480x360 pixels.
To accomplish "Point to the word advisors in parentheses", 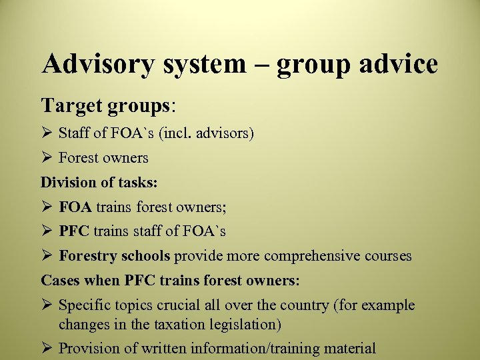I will [x=223, y=133].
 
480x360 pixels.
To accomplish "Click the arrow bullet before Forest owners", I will [x=47, y=158].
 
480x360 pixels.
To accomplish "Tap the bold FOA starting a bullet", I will [x=75, y=207].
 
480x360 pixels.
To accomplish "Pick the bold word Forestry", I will [x=86, y=256].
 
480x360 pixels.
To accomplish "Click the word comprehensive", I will [x=314, y=256].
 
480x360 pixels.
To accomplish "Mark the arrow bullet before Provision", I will [x=47, y=348].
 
